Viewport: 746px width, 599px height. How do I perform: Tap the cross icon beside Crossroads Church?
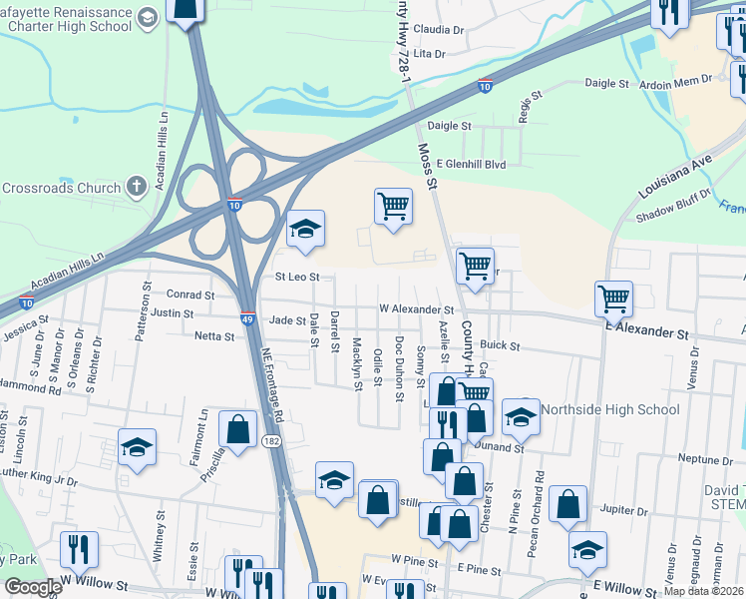tap(137, 187)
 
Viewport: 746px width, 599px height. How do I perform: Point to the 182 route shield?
tap(271, 440)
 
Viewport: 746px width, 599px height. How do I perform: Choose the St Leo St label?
tap(297, 277)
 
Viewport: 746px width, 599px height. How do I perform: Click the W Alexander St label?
tap(416, 310)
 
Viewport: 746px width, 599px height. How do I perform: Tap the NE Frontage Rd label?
tap(272, 384)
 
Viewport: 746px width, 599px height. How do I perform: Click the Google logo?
tap(34, 587)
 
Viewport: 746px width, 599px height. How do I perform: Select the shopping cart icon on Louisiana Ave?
tap(613, 297)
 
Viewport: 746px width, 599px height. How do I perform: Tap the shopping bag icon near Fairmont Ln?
tap(238, 429)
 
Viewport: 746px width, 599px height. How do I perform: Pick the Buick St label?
tap(501, 345)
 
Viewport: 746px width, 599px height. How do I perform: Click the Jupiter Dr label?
tap(625, 510)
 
